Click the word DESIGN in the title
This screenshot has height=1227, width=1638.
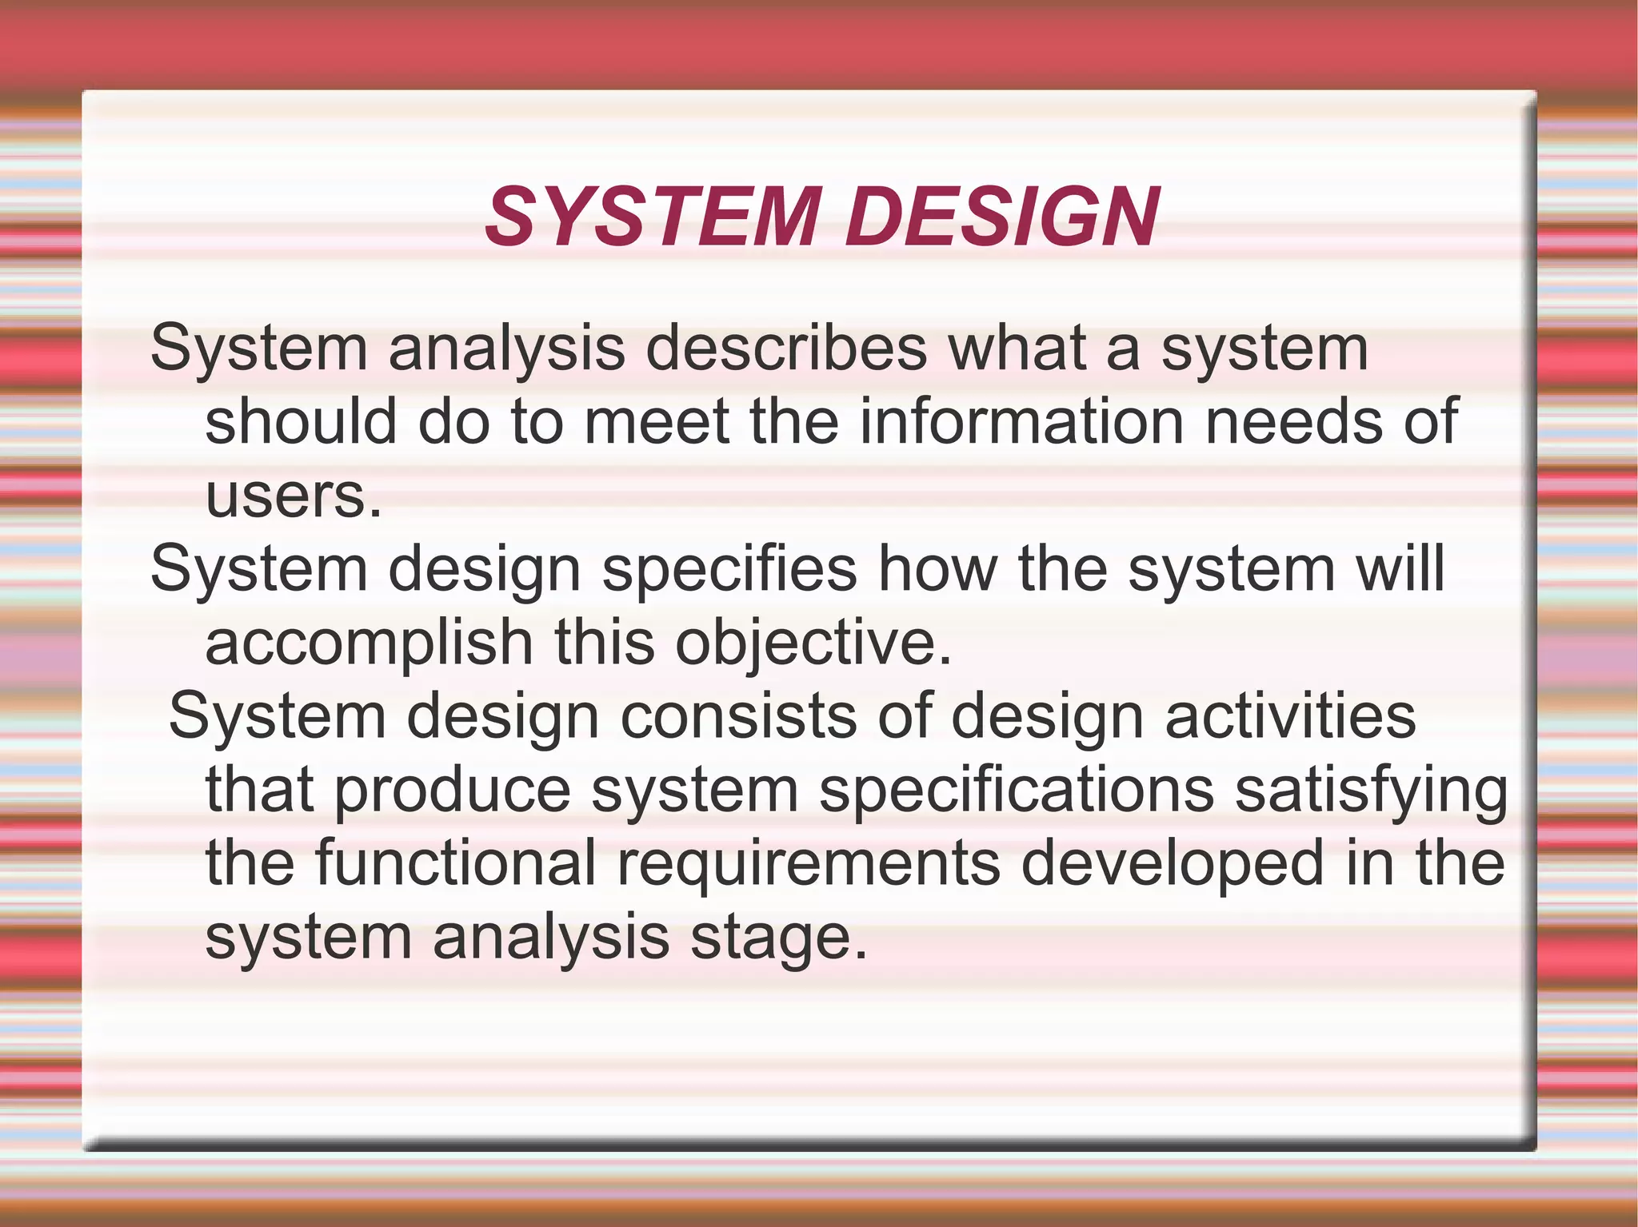1002,217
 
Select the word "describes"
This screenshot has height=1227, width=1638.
786,349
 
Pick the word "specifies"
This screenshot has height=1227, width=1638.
729,569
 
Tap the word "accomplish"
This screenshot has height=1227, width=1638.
370,643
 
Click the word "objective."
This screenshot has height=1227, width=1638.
814,644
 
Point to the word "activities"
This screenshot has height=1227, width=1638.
1291,716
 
